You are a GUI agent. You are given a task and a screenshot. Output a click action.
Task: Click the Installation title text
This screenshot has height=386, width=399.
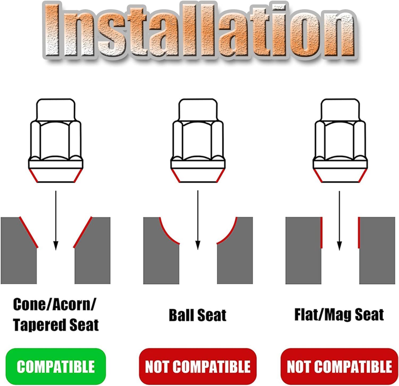point(199,31)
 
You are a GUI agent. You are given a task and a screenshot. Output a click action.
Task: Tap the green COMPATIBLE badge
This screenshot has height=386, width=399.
point(56,366)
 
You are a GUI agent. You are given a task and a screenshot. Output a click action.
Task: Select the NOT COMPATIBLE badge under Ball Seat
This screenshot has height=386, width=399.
point(198,366)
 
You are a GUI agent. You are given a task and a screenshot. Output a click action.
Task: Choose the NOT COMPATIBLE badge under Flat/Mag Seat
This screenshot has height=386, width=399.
point(339,366)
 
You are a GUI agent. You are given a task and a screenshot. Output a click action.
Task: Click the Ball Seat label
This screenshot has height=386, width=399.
point(198,315)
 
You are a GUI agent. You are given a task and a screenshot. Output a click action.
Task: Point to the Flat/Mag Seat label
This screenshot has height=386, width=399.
point(339,315)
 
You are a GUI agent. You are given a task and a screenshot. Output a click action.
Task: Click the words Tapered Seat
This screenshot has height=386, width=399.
point(56,325)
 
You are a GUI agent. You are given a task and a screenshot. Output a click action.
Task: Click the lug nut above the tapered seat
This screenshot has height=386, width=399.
point(56,140)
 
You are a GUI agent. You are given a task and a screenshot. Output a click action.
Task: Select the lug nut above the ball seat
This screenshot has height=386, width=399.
point(198,140)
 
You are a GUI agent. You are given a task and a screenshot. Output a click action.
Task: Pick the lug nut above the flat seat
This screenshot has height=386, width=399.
point(340,140)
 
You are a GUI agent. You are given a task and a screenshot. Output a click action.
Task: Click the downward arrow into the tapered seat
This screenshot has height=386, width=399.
point(56,220)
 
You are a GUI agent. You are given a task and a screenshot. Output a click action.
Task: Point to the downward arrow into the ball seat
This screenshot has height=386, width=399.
point(198,220)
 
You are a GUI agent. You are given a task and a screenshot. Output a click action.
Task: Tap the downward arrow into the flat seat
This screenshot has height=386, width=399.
point(339,220)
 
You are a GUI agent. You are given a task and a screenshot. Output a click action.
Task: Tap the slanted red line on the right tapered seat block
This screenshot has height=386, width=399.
point(83,232)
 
